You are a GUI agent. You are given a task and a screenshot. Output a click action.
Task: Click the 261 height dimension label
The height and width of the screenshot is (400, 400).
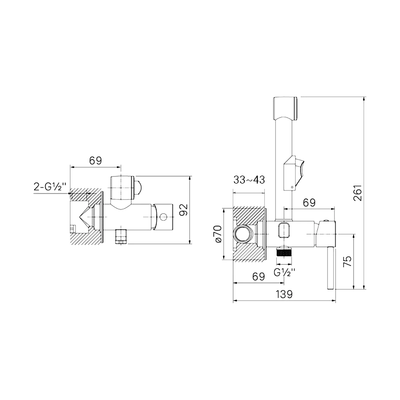(358, 193)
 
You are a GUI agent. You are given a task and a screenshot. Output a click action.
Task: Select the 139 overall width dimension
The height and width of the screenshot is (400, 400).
(284, 294)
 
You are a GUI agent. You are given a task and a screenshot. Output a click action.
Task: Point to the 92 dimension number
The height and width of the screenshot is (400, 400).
(184, 210)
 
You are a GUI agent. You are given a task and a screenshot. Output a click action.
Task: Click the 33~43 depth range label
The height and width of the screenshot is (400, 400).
(249, 180)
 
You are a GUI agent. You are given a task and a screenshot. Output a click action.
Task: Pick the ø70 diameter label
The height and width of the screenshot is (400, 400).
(219, 234)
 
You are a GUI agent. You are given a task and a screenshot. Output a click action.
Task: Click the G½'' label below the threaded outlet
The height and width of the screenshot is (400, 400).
(285, 272)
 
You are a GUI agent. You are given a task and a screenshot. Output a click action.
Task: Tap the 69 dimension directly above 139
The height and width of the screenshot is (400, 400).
(258, 276)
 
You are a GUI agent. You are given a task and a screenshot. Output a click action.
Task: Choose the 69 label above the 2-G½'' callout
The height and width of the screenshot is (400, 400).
(96, 161)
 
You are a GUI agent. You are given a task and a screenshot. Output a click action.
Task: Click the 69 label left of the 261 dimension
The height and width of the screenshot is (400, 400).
(309, 203)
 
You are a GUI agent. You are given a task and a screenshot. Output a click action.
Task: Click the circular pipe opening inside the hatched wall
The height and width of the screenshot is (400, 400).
(243, 234)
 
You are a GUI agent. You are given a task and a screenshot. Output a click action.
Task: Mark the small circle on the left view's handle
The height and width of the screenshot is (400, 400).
(163, 217)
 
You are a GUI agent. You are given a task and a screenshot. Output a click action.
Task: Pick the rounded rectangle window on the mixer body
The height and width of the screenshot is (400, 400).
(284, 230)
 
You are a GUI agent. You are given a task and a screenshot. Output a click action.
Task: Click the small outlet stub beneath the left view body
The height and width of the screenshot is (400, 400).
(121, 237)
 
